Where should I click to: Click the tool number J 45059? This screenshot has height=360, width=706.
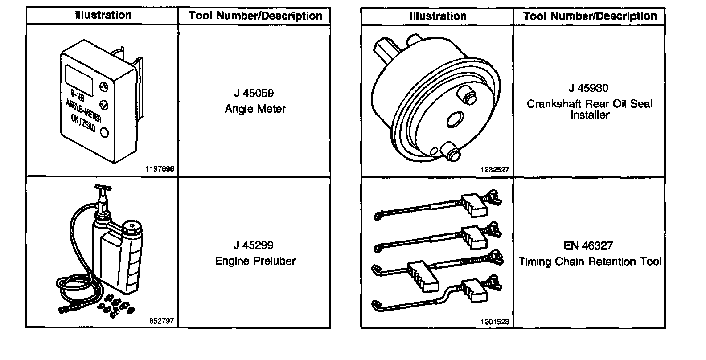[x=254, y=94]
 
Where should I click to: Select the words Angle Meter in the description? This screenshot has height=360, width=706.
[x=255, y=109]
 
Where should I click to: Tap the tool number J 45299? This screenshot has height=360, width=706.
[x=254, y=245]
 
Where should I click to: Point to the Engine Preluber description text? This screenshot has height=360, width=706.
[x=255, y=261]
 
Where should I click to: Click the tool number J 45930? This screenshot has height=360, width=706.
[x=588, y=88]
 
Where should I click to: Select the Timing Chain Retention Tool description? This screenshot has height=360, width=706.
[x=590, y=262]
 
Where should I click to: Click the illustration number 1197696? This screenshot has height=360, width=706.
[x=160, y=169]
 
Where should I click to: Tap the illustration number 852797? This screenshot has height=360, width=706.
[x=161, y=321]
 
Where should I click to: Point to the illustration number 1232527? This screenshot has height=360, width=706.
[x=495, y=170]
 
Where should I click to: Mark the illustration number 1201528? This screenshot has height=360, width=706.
[x=495, y=322]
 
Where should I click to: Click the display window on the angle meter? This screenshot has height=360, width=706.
[x=79, y=79]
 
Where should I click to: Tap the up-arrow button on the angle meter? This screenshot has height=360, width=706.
[x=103, y=86]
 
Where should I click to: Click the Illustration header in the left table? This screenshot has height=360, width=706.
[x=103, y=16]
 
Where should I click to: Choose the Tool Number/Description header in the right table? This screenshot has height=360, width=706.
[x=590, y=16]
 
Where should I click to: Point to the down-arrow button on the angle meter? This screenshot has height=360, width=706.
[x=104, y=105]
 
